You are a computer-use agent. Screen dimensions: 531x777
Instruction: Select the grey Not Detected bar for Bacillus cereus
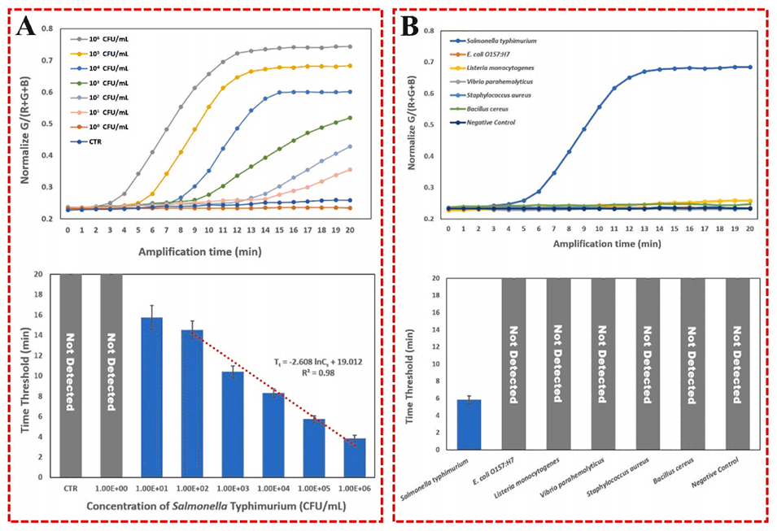pos(693,363)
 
